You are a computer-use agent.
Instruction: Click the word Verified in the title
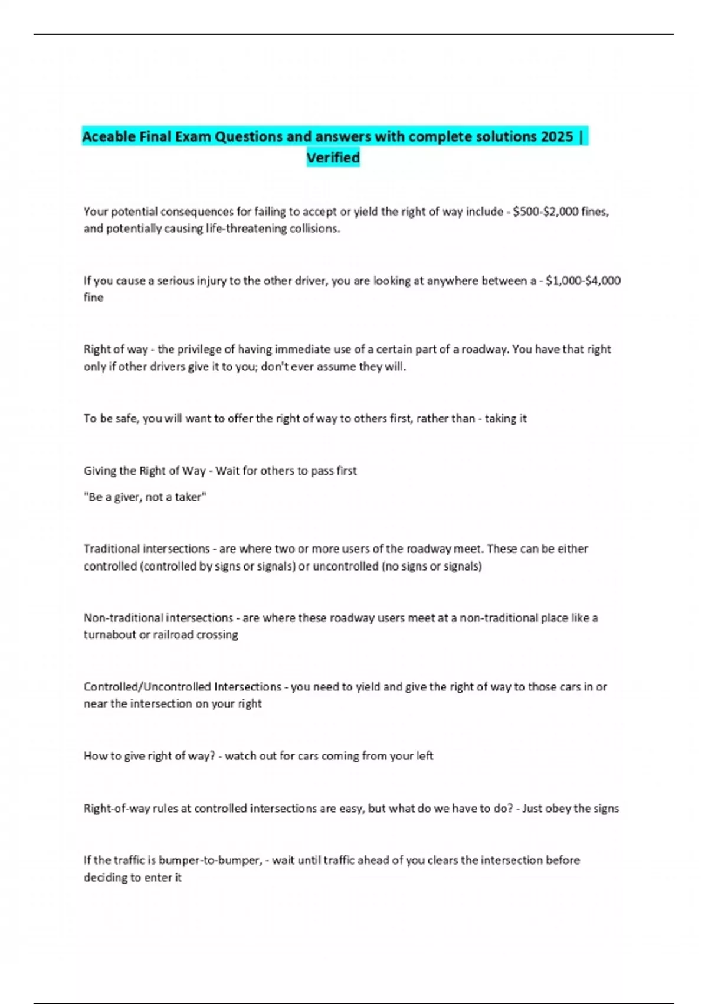pyautogui.click(x=333, y=158)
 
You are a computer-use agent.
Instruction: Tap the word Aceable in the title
pyautogui.click(x=109, y=137)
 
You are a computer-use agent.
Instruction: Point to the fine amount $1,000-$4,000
pyautogui.click(x=583, y=281)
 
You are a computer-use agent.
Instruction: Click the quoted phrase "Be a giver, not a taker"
pyautogui.click(x=145, y=497)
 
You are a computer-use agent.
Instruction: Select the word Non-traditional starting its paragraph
pyautogui.click(x=122, y=618)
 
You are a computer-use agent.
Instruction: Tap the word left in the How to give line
pyautogui.click(x=424, y=756)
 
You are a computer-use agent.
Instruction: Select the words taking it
pyautogui.click(x=506, y=419)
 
